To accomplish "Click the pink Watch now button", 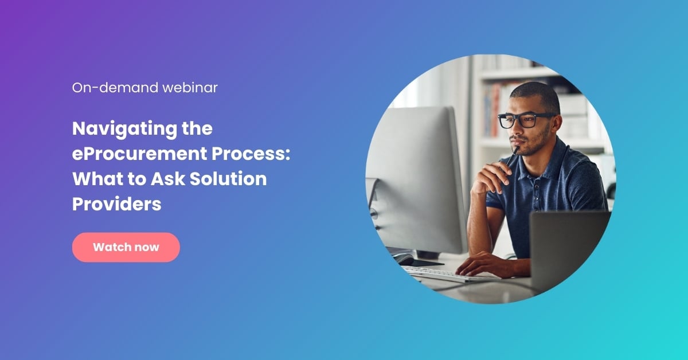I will point(126,247).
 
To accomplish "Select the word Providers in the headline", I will point(116,204).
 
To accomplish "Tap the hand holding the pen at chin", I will point(492,177).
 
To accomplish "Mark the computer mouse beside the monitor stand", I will point(405,259).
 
